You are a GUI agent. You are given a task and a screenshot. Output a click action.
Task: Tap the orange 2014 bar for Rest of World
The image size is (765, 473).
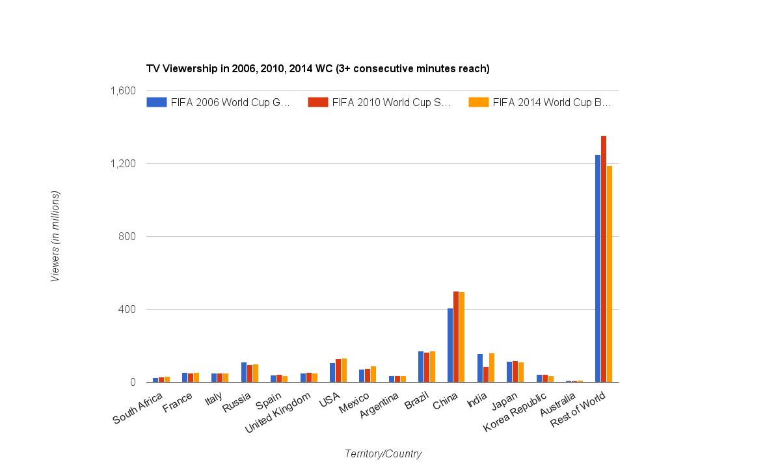tap(610, 274)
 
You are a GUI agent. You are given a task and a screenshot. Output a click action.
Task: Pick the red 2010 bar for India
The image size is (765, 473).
tap(486, 375)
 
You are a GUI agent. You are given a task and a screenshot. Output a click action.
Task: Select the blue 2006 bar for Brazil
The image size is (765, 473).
tap(421, 367)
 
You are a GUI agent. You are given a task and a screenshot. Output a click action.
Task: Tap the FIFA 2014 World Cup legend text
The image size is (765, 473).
tap(552, 102)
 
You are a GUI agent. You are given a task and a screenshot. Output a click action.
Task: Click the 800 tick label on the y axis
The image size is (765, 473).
tap(126, 237)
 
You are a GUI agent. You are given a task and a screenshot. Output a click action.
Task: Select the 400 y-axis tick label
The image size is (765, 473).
tap(126, 310)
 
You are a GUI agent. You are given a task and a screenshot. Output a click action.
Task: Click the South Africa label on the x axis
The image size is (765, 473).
tap(138, 409)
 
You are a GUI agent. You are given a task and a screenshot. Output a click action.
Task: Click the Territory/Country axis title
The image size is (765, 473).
tap(383, 454)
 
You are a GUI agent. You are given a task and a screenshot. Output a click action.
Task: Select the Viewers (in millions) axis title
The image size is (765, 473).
tap(55, 236)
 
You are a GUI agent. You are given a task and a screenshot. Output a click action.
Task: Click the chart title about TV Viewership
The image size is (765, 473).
tap(317, 68)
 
